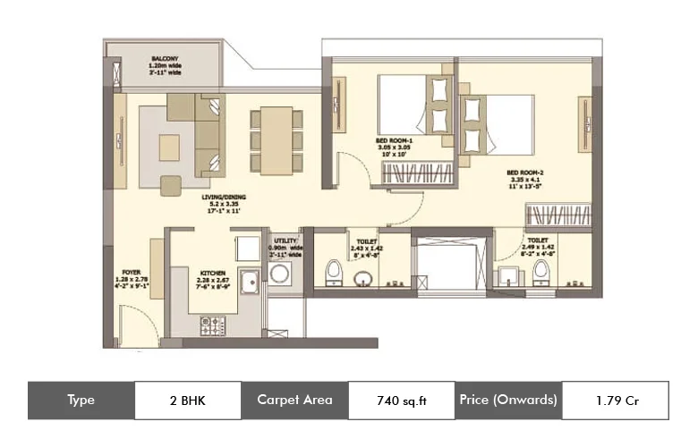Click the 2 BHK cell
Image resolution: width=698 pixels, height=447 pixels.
pyautogui.click(x=187, y=400)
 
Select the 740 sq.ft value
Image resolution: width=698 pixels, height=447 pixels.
pyautogui.click(x=400, y=400)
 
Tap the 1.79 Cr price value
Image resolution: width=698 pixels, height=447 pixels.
pyautogui.click(x=614, y=400)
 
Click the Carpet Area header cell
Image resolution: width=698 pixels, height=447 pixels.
pyautogui.click(x=294, y=400)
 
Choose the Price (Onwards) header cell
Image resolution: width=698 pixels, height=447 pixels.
pyautogui.click(x=507, y=400)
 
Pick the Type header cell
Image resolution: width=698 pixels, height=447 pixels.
pyautogui.click(x=81, y=400)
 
